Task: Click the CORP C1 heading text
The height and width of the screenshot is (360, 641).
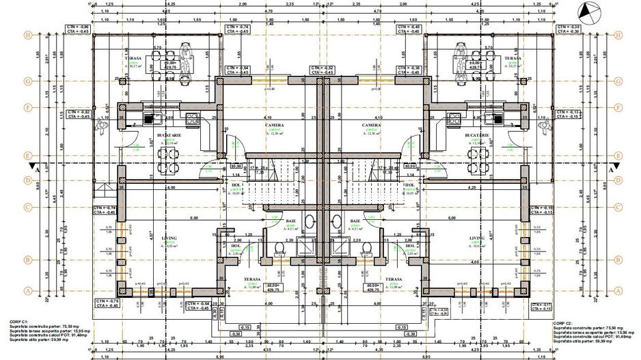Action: tap(18, 320)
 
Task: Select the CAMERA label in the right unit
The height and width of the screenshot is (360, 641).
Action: tap(371, 126)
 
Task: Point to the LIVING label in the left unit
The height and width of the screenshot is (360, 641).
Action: tap(169, 238)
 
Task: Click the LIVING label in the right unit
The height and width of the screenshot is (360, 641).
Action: tap(476, 238)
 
